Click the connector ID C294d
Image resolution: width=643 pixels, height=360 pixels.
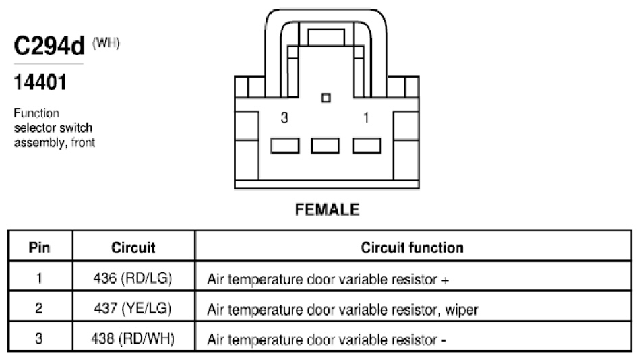click(49, 46)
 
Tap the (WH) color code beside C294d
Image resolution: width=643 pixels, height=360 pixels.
click(106, 42)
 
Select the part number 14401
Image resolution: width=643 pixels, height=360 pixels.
click(40, 82)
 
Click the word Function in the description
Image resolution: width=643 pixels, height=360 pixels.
click(36, 113)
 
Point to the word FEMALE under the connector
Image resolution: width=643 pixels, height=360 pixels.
click(328, 210)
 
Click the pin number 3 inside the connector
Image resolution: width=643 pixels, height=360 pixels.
click(284, 118)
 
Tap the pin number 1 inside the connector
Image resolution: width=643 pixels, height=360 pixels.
click(366, 118)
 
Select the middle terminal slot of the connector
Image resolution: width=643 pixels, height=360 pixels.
click(325, 146)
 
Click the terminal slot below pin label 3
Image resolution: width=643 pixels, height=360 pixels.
click(285, 146)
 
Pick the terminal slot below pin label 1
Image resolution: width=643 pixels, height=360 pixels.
click(367, 146)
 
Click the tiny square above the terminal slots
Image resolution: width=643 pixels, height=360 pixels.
click(326, 98)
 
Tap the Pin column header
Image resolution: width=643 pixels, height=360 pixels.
click(39, 247)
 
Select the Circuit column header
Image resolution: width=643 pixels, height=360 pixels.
click(133, 247)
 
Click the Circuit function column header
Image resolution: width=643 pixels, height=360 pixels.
click(412, 247)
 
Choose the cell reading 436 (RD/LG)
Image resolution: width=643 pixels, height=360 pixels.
click(133, 278)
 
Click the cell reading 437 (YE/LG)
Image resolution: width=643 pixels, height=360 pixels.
click(133, 308)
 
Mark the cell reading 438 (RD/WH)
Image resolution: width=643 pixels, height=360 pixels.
click(133, 338)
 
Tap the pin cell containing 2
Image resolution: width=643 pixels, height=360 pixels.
click(39, 308)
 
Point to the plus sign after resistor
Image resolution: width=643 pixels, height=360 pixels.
click(446, 280)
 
